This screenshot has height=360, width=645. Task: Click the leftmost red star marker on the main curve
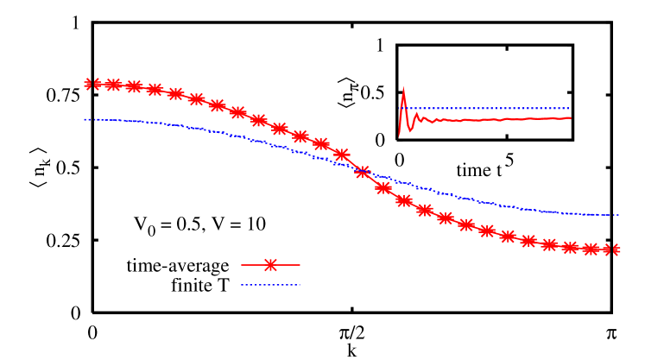point(87,84)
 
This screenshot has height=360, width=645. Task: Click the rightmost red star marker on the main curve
point(617,249)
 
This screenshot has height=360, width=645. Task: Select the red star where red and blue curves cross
point(363,172)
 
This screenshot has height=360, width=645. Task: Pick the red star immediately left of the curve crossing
point(342,155)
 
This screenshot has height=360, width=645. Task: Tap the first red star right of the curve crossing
point(383,187)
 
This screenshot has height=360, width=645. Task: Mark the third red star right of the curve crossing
point(425,210)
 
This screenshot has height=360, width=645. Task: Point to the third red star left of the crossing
point(300,136)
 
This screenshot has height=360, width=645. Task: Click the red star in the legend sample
point(270,265)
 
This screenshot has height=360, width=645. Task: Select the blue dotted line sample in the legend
point(270,285)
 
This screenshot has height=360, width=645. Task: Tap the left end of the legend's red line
point(242,265)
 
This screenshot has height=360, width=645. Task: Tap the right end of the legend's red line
point(300,265)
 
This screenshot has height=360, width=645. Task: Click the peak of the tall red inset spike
point(403,88)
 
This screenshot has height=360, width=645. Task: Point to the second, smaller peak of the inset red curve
point(416,114)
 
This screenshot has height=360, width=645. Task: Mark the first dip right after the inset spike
point(410,129)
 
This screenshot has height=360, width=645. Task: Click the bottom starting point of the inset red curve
point(399,136)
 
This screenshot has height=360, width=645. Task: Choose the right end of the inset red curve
point(570,117)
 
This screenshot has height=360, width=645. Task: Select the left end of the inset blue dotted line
point(401,108)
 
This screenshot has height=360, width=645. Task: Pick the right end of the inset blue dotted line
point(570,108)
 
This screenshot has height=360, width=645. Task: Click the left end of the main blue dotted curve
point(85,119)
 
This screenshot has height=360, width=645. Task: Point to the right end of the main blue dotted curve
point(619,214)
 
